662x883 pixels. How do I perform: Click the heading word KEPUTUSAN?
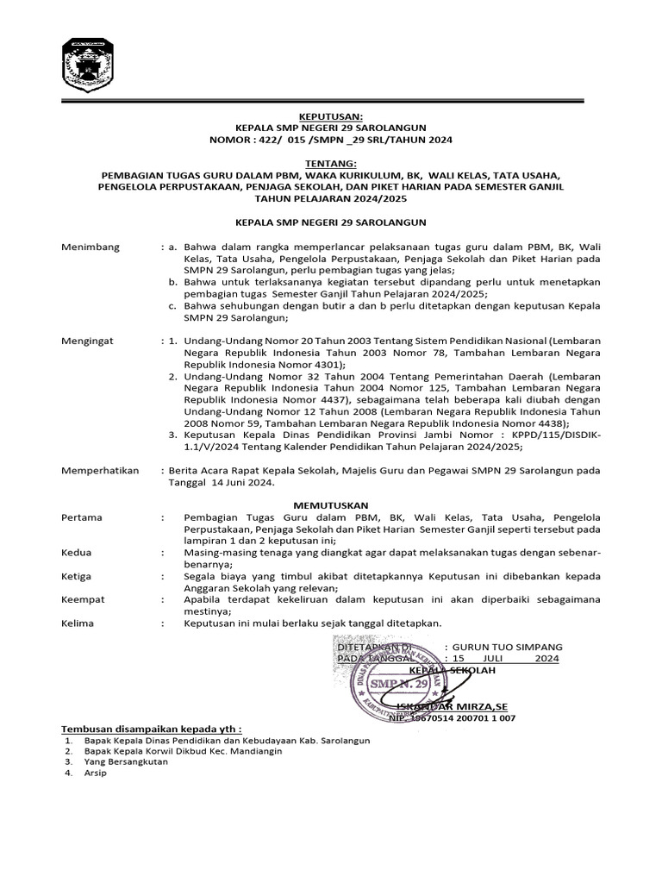331,114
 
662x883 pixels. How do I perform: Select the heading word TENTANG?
331,162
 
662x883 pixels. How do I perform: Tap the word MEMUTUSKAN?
331,504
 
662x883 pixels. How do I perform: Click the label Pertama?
82,517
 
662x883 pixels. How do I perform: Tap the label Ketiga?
78,574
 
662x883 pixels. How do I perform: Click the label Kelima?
78,623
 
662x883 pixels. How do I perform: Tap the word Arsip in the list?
95,773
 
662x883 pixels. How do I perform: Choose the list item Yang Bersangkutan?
126,762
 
